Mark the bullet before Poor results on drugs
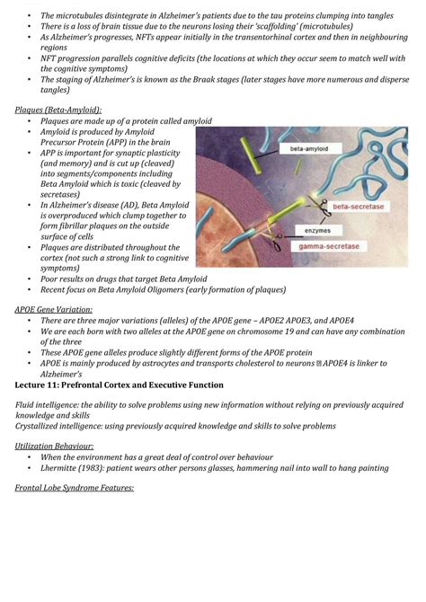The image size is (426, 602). [31, 279]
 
